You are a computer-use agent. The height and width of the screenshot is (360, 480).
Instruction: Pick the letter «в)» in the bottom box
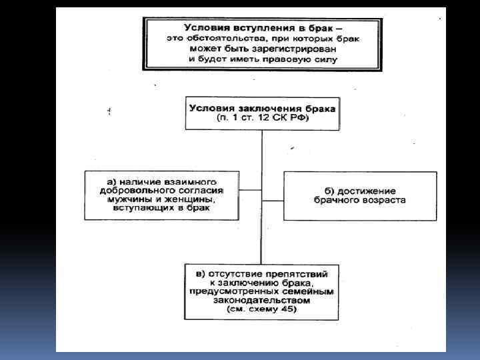[198, 273]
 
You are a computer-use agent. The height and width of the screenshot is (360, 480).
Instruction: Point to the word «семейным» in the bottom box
[311, 291]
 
